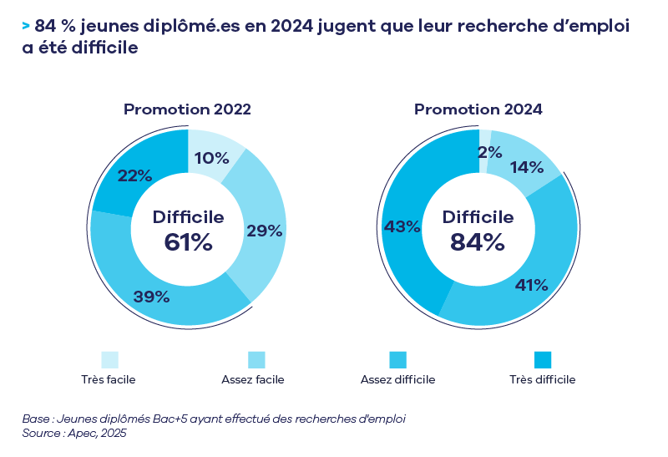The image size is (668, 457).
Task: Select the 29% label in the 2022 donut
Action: [x=264, y=231]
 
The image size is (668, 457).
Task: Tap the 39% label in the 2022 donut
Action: [x=151, y=297]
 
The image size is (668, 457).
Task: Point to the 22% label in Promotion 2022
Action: [x=134, y=175]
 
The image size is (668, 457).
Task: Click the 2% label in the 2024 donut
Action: [x=489, y=152]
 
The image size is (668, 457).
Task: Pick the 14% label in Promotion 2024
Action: [x=526, y=166]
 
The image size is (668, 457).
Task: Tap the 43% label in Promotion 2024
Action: [x=401, y=226]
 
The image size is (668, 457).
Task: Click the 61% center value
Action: [x=188, y=242]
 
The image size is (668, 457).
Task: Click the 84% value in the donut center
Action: [x=478, y=242]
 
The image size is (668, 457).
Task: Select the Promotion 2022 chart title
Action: [x=187, y=109]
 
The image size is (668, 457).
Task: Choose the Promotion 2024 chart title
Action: [x=478, y=109]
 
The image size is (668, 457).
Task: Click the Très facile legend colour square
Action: [x=109, y=359]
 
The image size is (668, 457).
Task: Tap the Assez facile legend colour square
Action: [x=256, y=359]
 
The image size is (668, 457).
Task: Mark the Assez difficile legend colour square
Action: [x=397, y=359]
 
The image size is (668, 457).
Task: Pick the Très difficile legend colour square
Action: [x=543, y=359]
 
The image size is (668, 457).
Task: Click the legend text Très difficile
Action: [x=543, y=380]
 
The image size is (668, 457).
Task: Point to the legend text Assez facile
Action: [x=253, y=380]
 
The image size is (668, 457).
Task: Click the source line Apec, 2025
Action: [x=74, y=434]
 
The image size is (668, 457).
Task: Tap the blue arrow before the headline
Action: [x=27, y=27]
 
